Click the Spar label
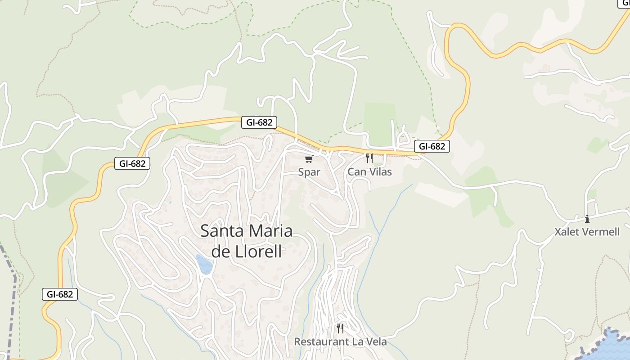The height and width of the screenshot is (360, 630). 309,172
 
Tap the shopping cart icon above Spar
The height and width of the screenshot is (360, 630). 309,159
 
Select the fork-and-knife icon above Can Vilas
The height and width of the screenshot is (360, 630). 369,158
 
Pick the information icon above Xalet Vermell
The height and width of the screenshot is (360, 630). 587,219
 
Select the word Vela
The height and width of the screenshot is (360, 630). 377,342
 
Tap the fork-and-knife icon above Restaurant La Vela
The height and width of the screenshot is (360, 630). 340,328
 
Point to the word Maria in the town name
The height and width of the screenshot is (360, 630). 270,231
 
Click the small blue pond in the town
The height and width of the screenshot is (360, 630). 204,264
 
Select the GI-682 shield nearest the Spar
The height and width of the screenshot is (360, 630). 259,122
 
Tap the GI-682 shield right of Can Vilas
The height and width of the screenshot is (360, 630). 432,146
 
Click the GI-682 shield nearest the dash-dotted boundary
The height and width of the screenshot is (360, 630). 60,294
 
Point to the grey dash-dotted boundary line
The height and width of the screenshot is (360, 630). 13,306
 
